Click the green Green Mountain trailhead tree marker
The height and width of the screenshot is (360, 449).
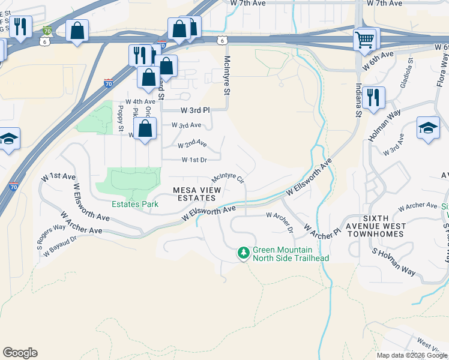coord(243,253)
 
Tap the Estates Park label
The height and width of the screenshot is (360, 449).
coord(135,205)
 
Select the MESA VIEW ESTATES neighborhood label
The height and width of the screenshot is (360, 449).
coord(197,194)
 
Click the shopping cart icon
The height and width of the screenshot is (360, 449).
coord(364,40)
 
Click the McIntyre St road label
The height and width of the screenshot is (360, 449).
coord(227,76)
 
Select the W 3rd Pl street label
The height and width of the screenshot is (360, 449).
coord(196,110)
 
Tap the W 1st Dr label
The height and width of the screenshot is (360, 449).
coord(194,160)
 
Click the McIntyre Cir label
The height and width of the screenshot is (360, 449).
coord(228,178)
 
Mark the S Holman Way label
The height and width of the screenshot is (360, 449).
coord(394,262)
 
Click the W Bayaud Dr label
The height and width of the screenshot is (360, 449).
coord(60,247)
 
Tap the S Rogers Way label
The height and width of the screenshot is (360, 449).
coord(50,236)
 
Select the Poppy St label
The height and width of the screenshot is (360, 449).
coord(121,118)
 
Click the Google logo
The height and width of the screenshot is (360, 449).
coord(20,352)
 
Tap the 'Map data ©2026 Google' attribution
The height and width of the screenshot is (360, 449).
coord(412,355)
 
